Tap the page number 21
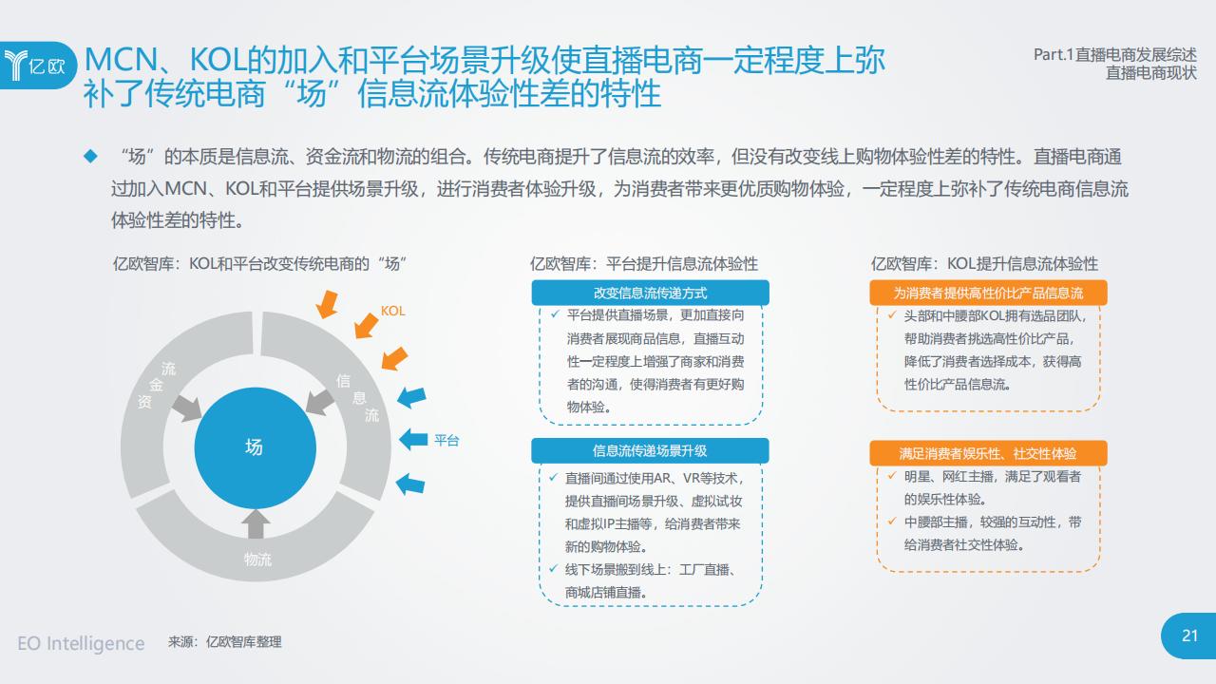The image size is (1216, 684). point(1189,636)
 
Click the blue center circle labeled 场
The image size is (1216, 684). point(256,447)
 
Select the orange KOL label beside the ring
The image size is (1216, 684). point(392,311)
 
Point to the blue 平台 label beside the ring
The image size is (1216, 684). point(446,440)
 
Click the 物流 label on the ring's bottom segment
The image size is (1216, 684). point(257,560)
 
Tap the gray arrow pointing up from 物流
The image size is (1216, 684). point(256,523)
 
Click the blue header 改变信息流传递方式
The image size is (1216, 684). point(650,294)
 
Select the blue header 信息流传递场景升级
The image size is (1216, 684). point(650,450)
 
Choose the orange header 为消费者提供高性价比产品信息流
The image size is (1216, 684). point(988,294)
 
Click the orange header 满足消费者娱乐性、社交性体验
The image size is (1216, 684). point(988,453)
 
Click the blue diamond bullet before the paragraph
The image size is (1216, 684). point(90,157)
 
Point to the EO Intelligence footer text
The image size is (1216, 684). point(81,643)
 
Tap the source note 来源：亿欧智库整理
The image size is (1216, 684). point(225,642)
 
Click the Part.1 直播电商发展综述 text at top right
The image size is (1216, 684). point(1115,55)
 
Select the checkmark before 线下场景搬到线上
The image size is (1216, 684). point(553,568)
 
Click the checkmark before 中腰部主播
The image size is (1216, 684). point(892,522)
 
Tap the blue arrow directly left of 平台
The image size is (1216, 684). point(413,439)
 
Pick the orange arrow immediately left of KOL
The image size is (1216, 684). point(366,325)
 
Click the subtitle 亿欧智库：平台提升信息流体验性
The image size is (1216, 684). point(644,264)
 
